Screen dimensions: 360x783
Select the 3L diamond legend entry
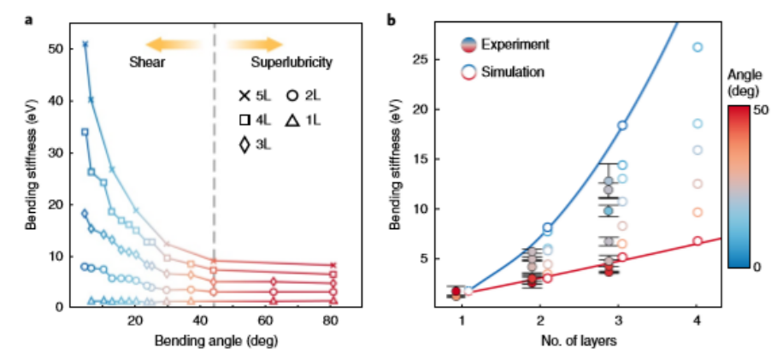click(x=254, y=146)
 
